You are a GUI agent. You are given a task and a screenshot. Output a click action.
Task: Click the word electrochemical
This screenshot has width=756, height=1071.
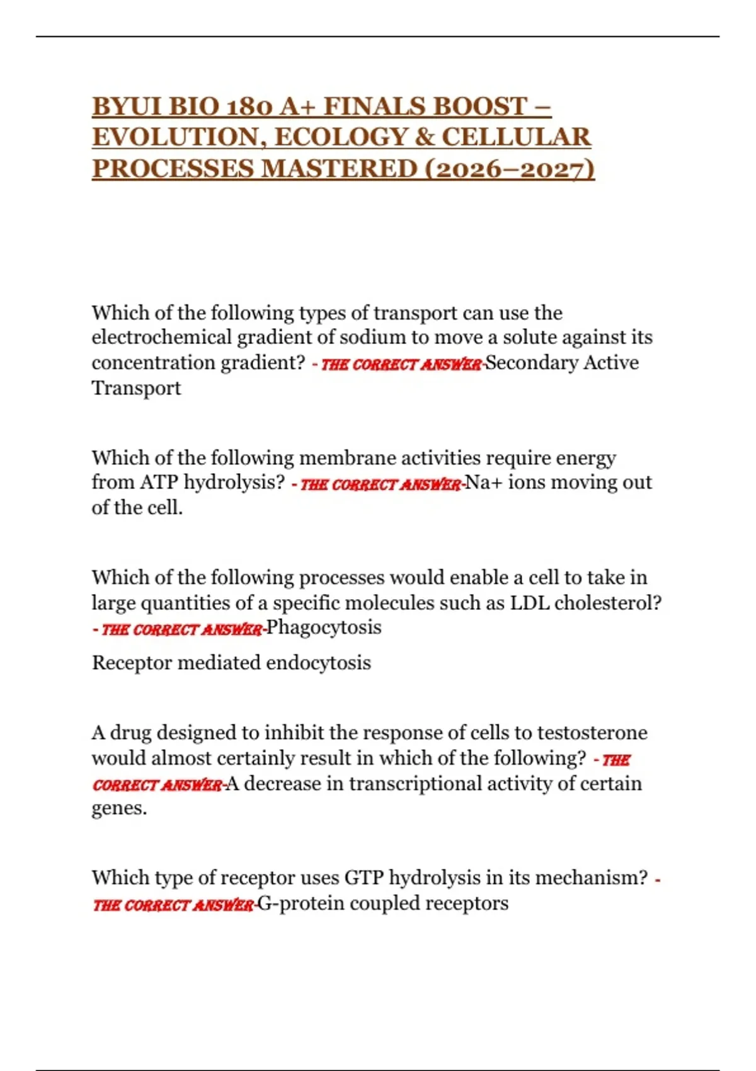(161, 338)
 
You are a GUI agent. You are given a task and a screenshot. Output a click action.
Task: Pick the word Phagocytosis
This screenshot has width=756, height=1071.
(324, 627)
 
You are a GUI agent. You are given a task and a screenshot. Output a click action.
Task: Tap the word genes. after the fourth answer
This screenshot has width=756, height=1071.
(119, 808)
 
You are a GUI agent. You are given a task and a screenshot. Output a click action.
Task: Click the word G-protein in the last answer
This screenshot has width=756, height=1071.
(301, 903)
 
